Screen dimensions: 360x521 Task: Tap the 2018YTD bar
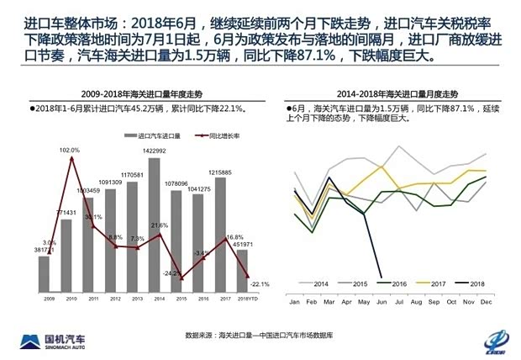point(242,269)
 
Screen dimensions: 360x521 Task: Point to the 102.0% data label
point(70,150)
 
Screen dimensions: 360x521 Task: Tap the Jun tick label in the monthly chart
point(382,301)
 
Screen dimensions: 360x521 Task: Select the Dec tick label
point(486,301)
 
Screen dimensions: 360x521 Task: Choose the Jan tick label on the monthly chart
point(294,301)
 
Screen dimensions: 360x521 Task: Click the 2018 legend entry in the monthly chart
point(471,283)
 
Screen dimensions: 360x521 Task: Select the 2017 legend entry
point(431,283)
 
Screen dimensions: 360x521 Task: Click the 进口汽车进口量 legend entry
point(149,135)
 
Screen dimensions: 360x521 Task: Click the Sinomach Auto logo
point(58,339)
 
